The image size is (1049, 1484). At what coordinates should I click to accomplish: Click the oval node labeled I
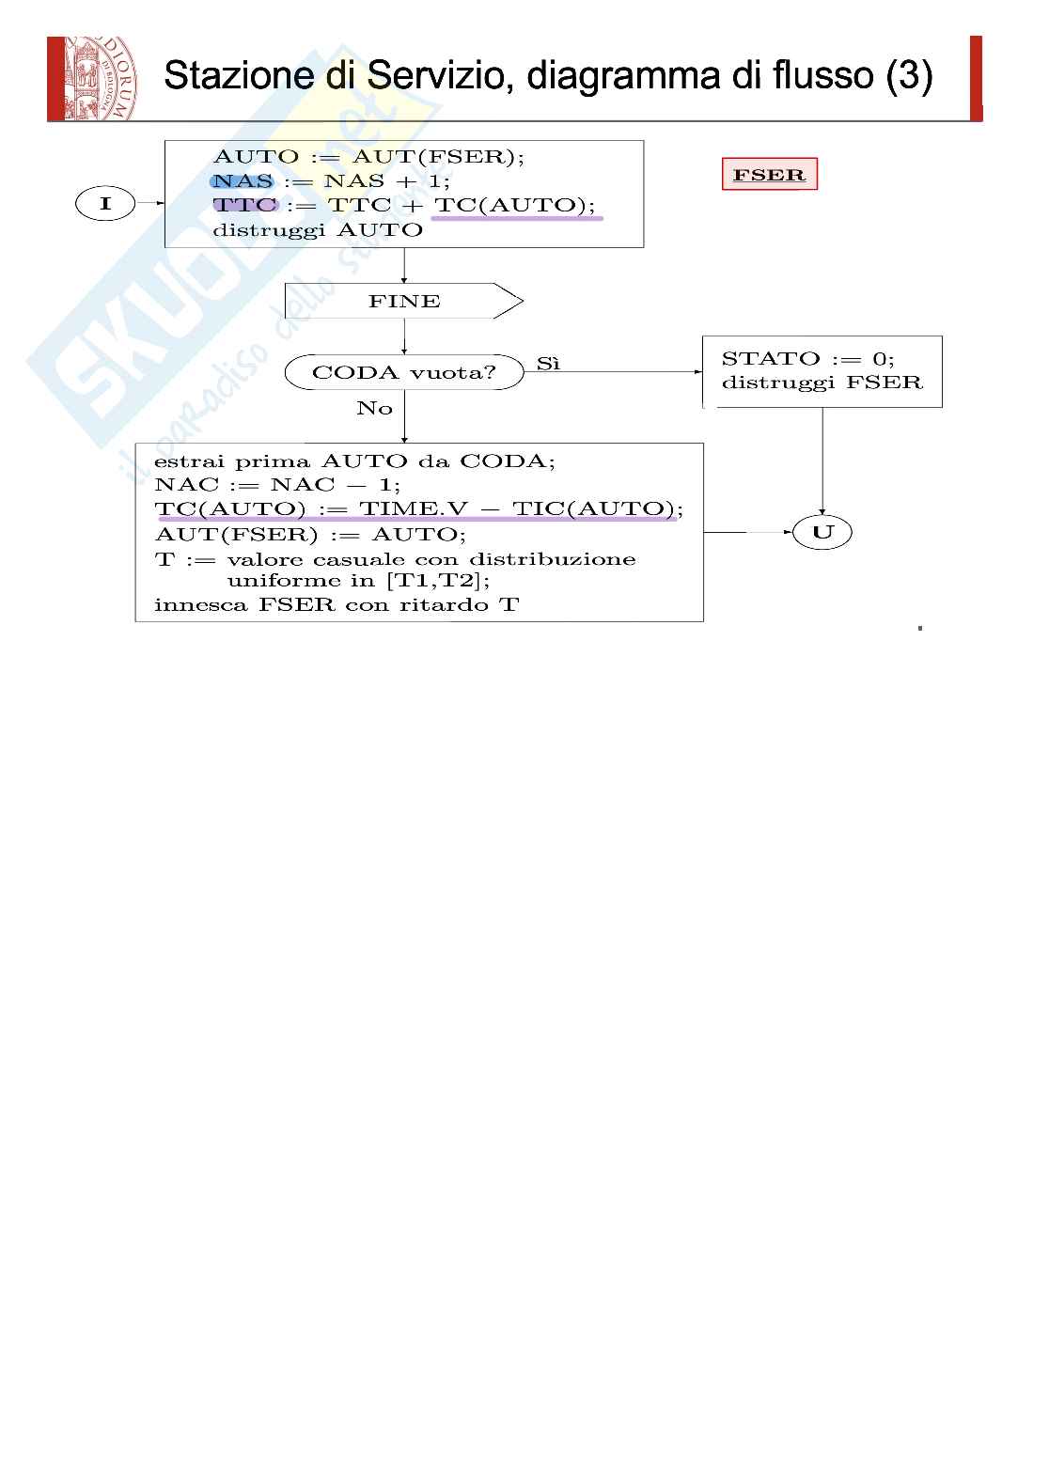[x=105, y=203]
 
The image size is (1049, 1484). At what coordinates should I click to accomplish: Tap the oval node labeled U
[x=822, y=533]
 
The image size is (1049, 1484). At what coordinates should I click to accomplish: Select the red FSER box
[x=769, y=175]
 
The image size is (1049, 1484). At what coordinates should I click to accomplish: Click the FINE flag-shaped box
[x=404, y=302]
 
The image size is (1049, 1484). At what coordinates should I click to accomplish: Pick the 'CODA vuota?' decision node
[x=404, y=372]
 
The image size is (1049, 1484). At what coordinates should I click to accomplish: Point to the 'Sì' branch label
[x=548, y=364]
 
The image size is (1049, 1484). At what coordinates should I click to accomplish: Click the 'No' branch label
[x=374, y=408]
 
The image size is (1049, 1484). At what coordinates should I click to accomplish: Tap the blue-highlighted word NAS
[x=243, y=181]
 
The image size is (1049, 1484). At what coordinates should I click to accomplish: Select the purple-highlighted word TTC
[x=244, y=206]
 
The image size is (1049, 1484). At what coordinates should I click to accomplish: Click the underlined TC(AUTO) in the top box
[x=514, y=206]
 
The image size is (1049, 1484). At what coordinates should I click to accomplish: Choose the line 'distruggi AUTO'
[x=318, y=230]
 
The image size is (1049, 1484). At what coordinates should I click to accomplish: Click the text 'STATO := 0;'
[x=807, y=358]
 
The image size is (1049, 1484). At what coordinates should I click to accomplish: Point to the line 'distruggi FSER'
[x=822, y=383]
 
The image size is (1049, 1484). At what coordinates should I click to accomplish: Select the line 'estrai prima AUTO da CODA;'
[x=354, y=461]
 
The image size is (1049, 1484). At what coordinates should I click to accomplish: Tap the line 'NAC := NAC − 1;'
[x=277, y=485]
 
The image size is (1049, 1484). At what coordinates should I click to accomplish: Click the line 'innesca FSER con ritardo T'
[x=336, y=604]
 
